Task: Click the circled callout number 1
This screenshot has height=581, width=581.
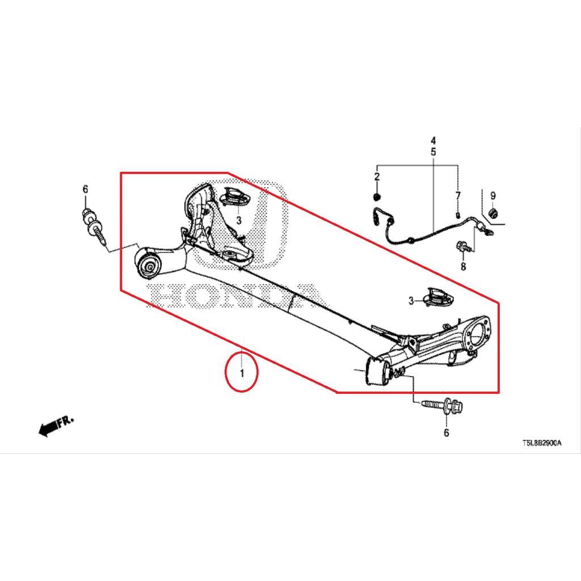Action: click(x=242, y=373)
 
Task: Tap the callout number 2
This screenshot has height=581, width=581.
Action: click(x=377, y=177)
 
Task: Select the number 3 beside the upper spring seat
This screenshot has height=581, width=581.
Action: click(x=239, y=221)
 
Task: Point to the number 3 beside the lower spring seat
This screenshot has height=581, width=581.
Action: click(x=411, y=301)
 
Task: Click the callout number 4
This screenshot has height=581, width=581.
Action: click(x=433, y=141)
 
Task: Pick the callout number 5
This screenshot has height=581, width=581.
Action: click(x=433, y=152)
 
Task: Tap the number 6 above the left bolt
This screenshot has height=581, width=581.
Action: click(x=85, y=190)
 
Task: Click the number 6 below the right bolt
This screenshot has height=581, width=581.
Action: click(x=446, y=432)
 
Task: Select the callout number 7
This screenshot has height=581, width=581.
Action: click(x=458, y=196)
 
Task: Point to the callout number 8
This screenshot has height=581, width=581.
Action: click(x=463, y=266)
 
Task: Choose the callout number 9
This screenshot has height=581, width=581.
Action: click(x=493, y=196)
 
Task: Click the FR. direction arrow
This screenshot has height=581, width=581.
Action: click(x=56, y=426)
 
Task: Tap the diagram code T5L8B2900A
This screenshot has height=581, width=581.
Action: click(x=542, y=443)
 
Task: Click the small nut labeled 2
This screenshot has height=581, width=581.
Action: click(x=377, y=196)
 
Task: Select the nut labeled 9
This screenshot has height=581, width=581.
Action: click(x=493, y=213)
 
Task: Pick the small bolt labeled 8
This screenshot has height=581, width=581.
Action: click(x=464, y=246)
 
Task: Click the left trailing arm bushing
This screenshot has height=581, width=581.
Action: click(x=149, y=264)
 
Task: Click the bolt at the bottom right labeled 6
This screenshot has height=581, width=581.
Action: click(x=443, y=406)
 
